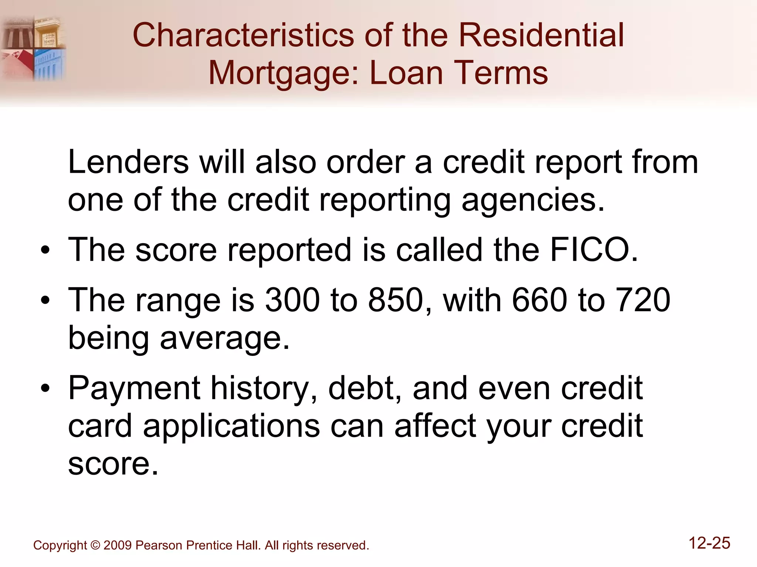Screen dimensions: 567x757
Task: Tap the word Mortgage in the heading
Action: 283,73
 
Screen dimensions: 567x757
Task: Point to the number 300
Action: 292,300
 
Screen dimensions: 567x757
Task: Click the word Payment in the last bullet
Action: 134,388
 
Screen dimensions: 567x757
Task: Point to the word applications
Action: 231,426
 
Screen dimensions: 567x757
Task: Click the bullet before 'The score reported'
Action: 45,251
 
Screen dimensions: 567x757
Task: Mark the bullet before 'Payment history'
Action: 45,389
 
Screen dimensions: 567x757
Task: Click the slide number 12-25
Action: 709,543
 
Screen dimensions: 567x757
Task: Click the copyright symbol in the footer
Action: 95,545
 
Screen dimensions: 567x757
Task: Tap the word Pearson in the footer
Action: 159,545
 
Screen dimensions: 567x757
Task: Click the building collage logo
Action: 33,48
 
